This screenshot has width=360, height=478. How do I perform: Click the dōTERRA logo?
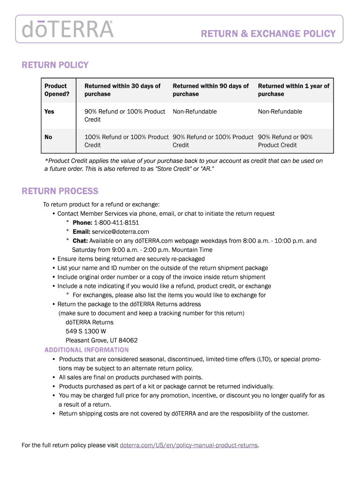coord(67,29)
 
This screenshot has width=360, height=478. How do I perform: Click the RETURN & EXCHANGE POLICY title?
coord(268,34)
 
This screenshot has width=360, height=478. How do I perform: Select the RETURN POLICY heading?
coord(55,65)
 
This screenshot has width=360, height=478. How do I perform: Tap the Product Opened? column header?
coord(56,90)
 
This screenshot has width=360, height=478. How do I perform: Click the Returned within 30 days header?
coord(122,90)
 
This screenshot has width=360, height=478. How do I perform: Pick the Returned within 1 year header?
coord(293,90)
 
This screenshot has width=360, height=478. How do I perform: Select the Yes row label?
coord(49,112)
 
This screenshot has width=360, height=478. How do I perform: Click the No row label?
coord(48,137)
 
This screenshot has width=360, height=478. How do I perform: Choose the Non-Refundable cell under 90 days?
coord(194,112)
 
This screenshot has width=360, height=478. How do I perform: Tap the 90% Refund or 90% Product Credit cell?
coord(285,141)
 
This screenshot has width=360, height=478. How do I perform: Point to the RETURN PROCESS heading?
coord(60,191)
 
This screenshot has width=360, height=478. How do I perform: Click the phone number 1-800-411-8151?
coord(116,223)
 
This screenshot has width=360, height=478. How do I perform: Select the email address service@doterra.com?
coord(120,232)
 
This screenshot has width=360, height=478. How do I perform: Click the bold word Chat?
coord(80,241)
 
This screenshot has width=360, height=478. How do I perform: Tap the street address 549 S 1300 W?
coord(86,331)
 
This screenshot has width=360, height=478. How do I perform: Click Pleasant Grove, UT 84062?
coord(101,340)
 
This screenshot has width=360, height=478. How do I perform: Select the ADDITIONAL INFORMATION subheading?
coord(86,350)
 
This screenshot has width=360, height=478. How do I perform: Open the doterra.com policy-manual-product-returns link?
coord(189,445)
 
